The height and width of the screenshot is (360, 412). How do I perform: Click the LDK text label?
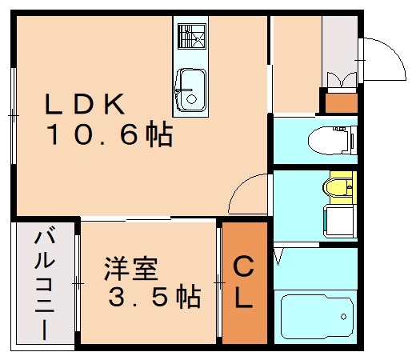point(84,104)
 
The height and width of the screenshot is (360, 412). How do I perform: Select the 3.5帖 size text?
point(154,298)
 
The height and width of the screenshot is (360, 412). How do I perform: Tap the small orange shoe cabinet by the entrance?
point(339,102)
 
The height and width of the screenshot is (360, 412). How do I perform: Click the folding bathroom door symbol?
point(279,256)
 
